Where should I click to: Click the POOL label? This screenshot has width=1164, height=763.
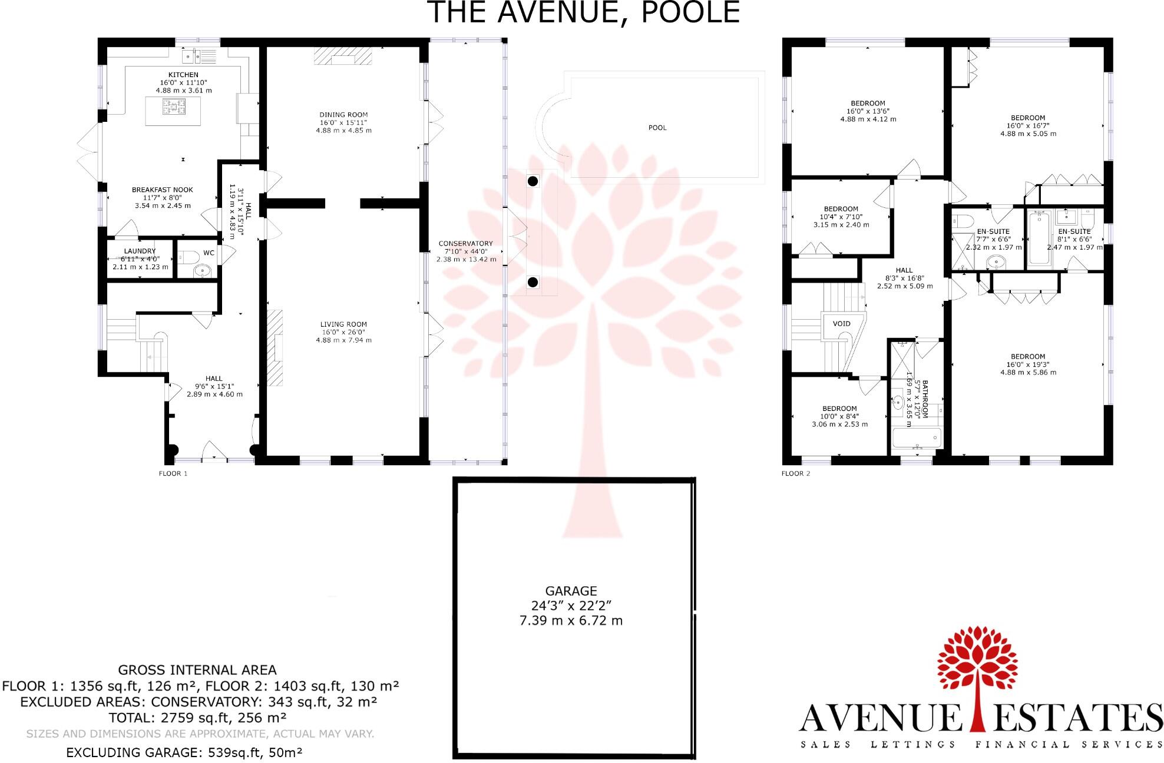coord(657,128)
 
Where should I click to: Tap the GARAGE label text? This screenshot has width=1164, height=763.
coord(571,591)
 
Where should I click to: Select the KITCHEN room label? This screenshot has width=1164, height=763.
coord(183,75)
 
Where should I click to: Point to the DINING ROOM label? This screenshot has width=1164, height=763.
coord(343,115)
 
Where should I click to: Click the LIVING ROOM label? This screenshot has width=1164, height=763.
coord(343,324)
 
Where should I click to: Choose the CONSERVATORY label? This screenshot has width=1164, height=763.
coord(465,244)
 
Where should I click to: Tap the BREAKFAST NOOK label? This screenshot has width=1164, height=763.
coord(162,190)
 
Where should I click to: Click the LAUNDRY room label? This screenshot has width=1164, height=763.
coord(140,251)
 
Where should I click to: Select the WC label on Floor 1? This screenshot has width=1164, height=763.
coord(209,253)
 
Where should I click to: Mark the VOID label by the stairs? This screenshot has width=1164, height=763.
coord(841,324)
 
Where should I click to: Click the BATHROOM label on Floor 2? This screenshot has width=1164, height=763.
coord(924,399)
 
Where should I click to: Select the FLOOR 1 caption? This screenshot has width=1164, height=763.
coord(173,473)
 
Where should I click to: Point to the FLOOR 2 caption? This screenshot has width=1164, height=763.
coord(795,473)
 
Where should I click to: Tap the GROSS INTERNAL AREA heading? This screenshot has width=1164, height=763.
coord(197,670)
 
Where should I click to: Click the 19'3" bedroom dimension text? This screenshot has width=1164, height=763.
coord(1028,364)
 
